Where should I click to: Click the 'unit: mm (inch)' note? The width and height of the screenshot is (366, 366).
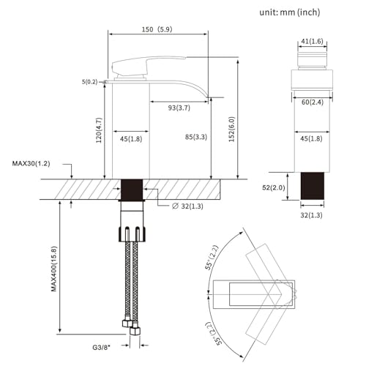tap(299, 12)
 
